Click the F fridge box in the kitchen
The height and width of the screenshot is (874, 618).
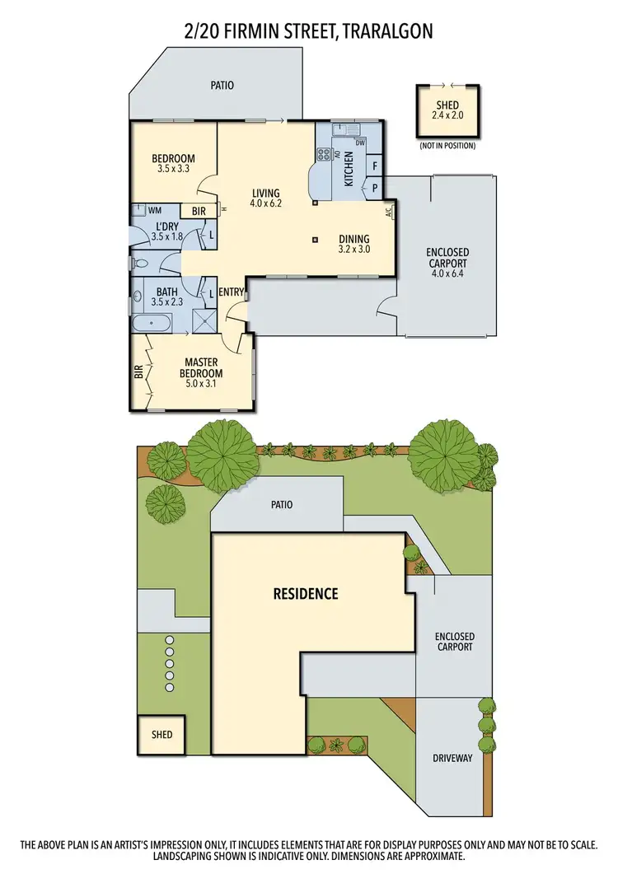[x=375, y=166]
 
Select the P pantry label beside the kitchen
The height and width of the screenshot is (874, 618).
[x=375, y=187]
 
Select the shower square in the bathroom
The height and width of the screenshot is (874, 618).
[x=202, y=320]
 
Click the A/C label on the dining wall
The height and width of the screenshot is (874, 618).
[x=388, y=211]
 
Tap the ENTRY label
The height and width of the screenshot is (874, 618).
[x=232, y=292]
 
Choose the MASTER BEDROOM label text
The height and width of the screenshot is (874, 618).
[x=200, y=367]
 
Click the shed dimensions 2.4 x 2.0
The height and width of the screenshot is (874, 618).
[x=447, y=116]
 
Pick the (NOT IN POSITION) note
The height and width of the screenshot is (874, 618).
[x=447, y=146]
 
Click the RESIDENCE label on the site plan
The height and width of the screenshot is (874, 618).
[x=306, y=593]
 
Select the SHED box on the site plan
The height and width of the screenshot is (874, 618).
[x=162, y=733]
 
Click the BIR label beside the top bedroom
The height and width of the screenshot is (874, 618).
[x=199, y=212]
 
